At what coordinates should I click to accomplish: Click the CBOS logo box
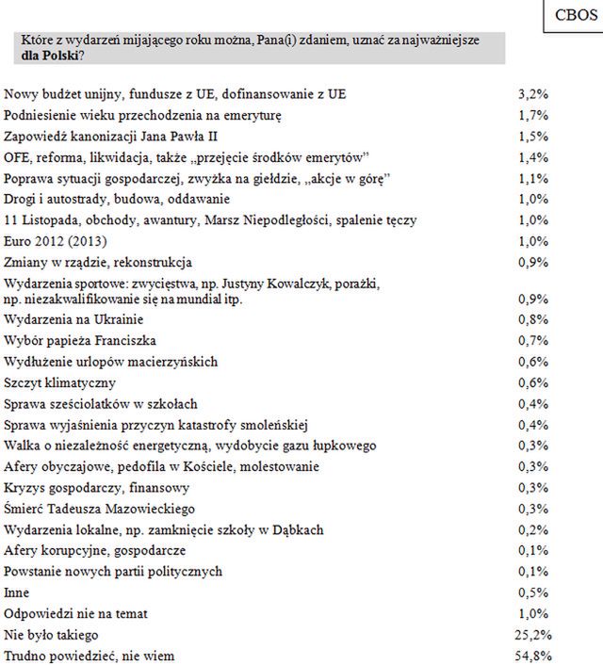pyautogui.click(x=570, y=16)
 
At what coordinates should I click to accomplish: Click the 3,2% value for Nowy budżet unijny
pyautogui.click(x=534, y=95)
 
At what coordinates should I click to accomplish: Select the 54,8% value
pyautogui.click(x=534, y=655)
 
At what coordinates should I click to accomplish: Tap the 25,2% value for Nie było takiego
pyautogui.click(x=534, y=634)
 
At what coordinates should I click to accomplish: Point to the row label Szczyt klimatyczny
pyautogui.click(x=60, y=381)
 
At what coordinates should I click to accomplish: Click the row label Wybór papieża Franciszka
pyautogui.click(x=80, y=339)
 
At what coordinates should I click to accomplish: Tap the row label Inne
pyautogui.click(x=17, y=592)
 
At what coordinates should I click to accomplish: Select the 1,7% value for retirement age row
pyautogui.click(x=534, y=116)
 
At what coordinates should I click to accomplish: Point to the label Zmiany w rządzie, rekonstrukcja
pyautogui.click(x=98, y=262)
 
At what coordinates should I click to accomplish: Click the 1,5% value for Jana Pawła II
pyautogui.click(x=534, y=137)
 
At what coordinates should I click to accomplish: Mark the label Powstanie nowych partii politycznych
pyautogui.click(x=113, y=572)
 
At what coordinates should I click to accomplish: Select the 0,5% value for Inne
pyautogui.click(x=534, y=592)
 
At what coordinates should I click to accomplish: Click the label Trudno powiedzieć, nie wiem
pyautogui.click(x=90, y=655)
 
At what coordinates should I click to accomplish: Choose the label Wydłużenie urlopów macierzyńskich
pyautogui.click(x=111, y=361)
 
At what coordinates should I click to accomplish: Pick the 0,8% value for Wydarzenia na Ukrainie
pyautogui.click(x=534, y=318)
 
